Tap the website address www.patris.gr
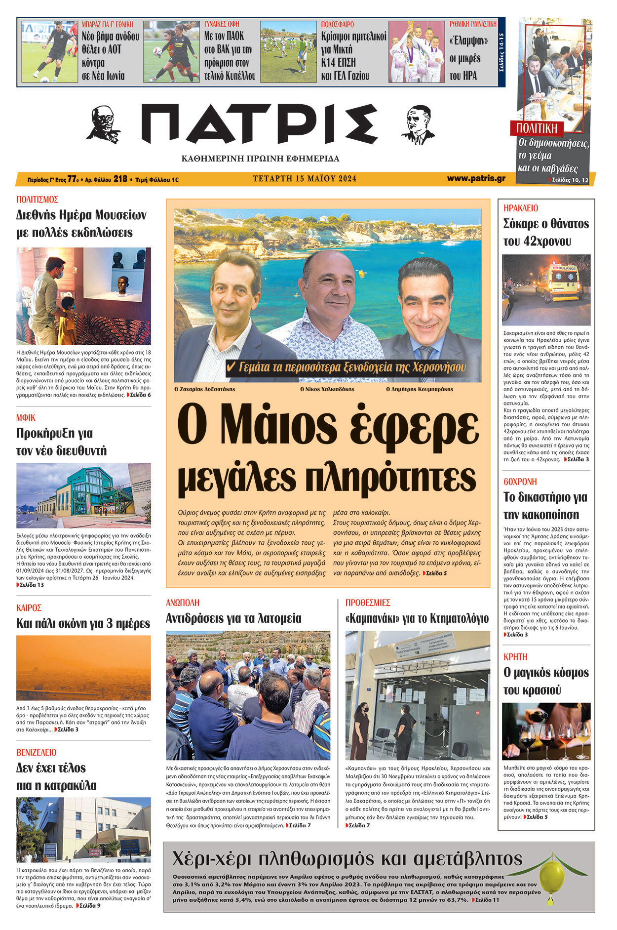476,178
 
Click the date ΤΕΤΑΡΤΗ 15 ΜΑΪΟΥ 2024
305,179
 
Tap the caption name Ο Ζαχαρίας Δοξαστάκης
205,389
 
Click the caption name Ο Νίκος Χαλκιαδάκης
327,389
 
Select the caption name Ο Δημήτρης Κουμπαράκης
420,389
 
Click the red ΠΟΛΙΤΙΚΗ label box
537,129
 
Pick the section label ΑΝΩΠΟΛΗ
183,603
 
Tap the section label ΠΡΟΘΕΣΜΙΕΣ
368,603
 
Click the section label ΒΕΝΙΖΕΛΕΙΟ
36,753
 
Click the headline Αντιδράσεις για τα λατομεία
233,618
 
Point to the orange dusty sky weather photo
83,667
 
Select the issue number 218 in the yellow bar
120,179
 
